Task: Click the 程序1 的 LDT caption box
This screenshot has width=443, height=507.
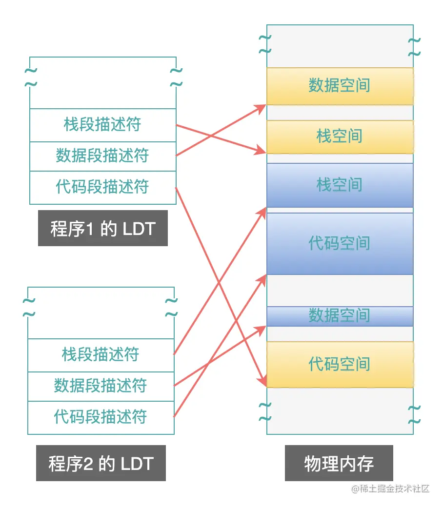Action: (x=103, y=228)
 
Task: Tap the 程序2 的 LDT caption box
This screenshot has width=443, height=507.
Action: (x=101, y=463)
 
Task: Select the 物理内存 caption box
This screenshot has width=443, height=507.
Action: (x=339, y=463)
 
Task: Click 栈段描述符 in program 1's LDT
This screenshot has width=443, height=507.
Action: (x=102, y=125)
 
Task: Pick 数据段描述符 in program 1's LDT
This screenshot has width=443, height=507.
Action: (x=102, y=156)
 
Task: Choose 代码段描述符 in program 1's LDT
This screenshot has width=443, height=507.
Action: (x=102, y=187)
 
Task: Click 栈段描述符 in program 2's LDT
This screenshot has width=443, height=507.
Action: (x=101, y=355)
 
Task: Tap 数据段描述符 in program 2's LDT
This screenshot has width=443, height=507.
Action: (x=101, y=386)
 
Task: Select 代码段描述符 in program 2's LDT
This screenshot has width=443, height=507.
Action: (x=101, y=417)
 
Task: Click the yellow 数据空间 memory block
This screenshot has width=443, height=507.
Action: (x=340, y=86)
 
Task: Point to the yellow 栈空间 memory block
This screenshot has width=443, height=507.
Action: (x=340, y=136)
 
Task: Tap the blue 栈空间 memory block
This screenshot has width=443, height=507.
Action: (x=340, y=185)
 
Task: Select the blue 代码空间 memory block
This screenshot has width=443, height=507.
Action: (x=340, y=243)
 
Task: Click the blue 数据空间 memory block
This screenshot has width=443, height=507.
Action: (x=340, y=316)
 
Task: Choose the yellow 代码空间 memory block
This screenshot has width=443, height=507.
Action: (x=340, y=364)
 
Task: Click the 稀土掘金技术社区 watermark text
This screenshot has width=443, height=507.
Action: (x=391, y=489)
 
